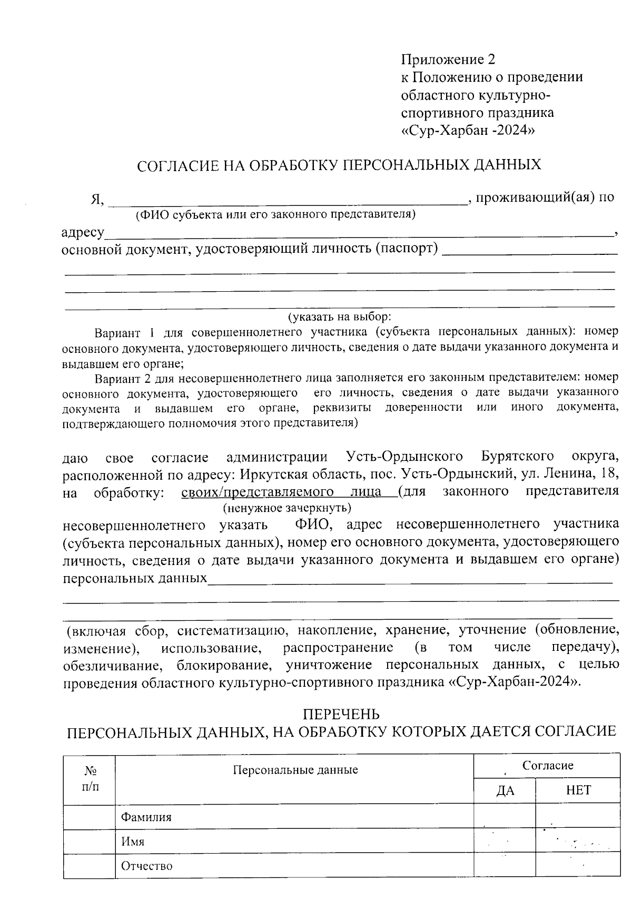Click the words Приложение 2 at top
tap(448, 58)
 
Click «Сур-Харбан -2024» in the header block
tap(468, 130)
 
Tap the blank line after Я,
tap(287, 200)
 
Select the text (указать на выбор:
tap(339, 317)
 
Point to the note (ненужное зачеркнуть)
tap(287, 508)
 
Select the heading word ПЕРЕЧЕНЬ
tap(341, 714)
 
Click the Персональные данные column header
tap(295, 770)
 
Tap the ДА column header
tap(505, 790)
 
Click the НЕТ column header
tap(578, 790)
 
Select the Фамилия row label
tap(146, 817)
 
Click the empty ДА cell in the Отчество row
tap(505, 866)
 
